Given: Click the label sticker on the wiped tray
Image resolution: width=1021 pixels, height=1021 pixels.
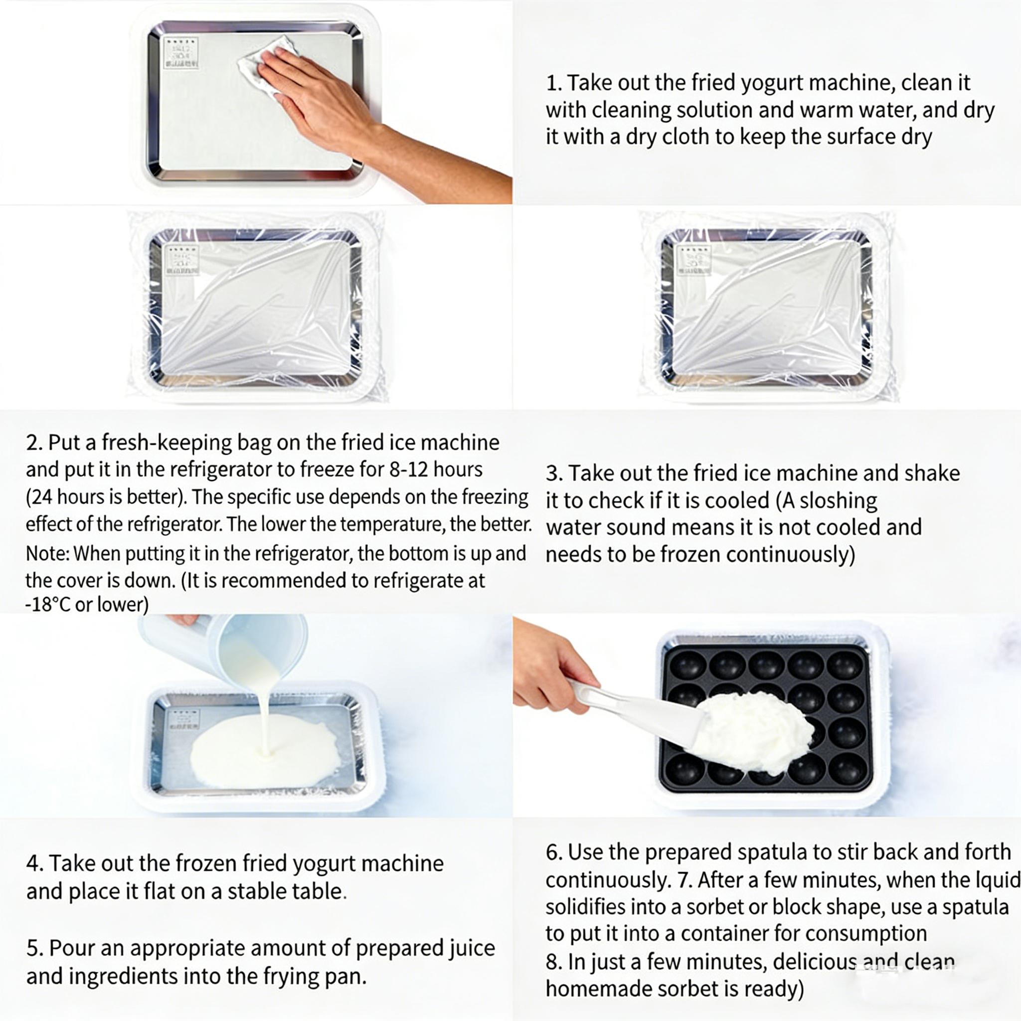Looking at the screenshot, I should tap(181, 53).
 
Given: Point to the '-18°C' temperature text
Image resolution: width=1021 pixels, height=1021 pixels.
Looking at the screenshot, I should tap(47, 605).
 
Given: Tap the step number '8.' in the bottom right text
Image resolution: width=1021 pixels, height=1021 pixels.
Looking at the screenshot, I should tap(553, 962).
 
